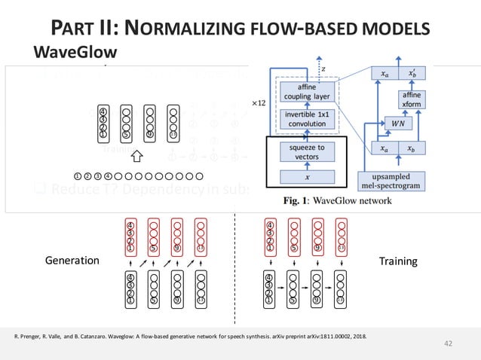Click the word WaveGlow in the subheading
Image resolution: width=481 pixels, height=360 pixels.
(x=75, y=53)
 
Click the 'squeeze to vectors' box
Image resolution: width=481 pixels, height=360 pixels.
(x=308, y=152)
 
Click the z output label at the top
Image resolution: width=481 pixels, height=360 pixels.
(x=324, y=67)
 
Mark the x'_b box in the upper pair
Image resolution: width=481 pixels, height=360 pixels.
(x=412, y=73)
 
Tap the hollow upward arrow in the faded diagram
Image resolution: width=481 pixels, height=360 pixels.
(x=136, y=157)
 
